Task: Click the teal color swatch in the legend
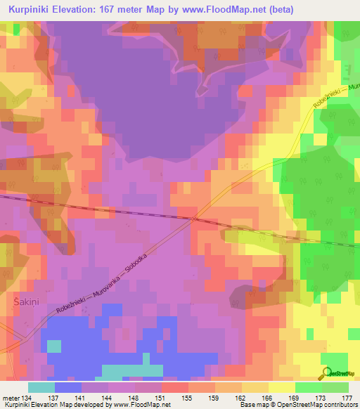tap(41, 387)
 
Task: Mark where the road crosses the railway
tap(193, 219)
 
